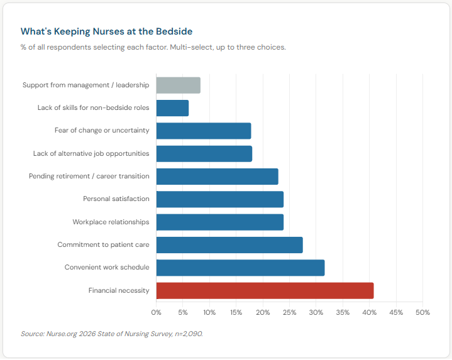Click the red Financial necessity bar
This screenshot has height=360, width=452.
[x=265, y=290]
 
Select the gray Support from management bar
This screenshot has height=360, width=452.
[x=178, y=85]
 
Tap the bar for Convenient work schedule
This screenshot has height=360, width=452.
[x=240, y=268]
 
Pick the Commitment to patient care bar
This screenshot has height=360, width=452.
[x=229, y=244]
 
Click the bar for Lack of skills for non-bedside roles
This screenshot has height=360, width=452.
[x=172, y=108]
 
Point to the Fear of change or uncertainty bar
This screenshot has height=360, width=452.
[x=203, y=131]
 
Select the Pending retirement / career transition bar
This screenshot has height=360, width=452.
[x=217, y=177]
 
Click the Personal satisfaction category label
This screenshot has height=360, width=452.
[x=116, y=199]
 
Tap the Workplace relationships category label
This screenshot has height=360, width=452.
[x=111, y=222]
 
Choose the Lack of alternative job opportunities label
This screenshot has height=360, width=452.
[x=91, y=153]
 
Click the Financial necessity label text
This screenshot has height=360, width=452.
[x=119, y=290]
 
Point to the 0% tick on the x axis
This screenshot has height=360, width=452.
[x=156, y=312]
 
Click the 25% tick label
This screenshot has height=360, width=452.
[x=289, y=312]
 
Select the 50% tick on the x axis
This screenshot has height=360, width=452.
[x=422, y=312]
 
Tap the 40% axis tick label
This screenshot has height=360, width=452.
[x=369, y=312]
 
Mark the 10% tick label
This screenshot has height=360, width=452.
[x=209, y=312]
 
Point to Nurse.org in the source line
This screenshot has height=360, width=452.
[x=60, y=334]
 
